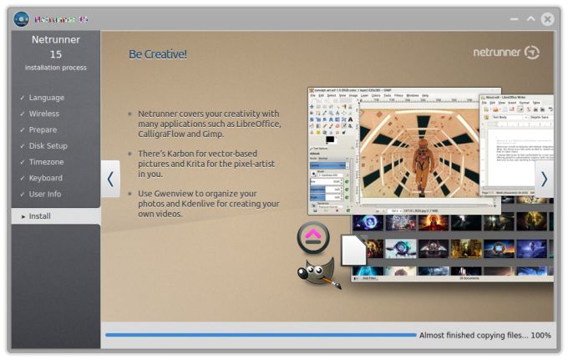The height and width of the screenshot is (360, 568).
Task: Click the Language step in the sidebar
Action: (46, 98)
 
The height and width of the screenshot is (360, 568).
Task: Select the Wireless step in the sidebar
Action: (43, 114)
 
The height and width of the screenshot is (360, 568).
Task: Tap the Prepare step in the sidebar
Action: (43, 129)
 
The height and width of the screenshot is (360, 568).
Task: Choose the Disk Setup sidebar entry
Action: (48, 146)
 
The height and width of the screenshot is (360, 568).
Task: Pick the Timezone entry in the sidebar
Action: (46, 162)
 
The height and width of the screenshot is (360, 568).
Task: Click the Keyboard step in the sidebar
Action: (46, 178)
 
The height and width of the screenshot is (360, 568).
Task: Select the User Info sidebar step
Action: (45, 195)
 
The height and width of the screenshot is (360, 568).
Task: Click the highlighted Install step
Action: (40, 216)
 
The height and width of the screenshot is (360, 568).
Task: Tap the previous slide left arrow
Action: (110, 179)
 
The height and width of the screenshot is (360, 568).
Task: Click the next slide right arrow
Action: (544, 179)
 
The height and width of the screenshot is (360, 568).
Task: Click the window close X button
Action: (547, 18)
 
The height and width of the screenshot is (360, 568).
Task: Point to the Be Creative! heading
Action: (158, 54)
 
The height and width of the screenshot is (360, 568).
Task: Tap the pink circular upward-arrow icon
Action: (314, 238)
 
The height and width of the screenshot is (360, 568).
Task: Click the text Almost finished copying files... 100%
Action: (484, 335)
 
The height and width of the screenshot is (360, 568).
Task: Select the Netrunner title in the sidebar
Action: (55, 39)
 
